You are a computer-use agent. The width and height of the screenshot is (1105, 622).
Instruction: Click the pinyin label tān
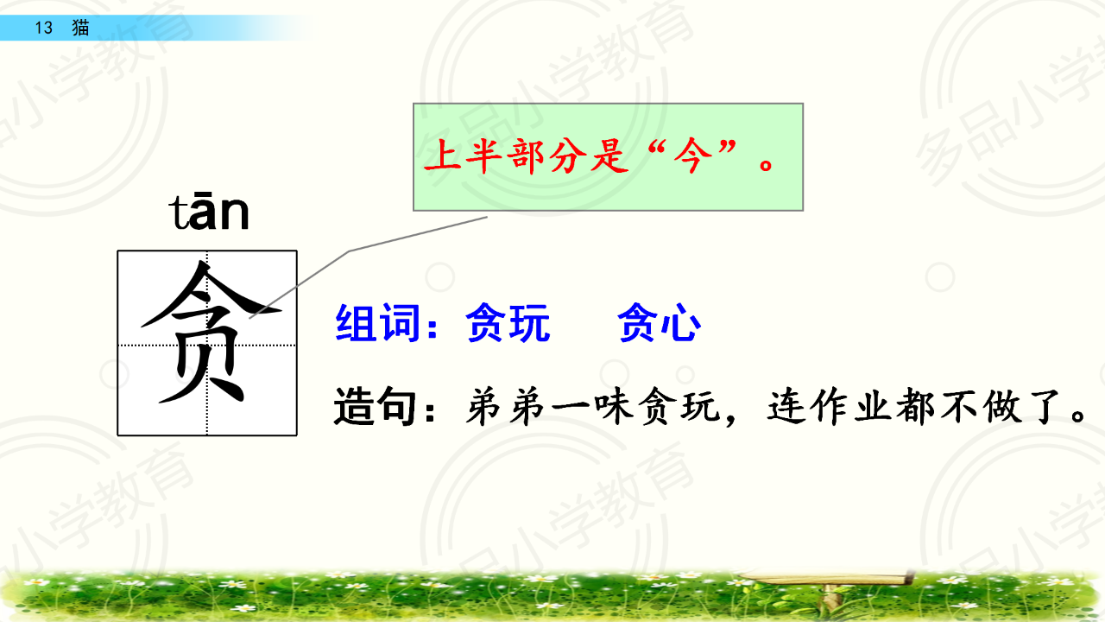coord(209,212)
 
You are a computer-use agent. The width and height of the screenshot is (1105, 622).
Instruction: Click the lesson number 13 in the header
coord(44,28)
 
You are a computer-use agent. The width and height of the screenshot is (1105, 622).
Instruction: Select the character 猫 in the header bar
coord(80,28)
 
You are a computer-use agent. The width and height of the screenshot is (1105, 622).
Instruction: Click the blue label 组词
coord(378,323)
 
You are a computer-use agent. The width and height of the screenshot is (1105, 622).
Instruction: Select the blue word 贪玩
coord(508,323)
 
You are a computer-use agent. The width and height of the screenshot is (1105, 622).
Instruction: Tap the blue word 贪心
coord(660,323)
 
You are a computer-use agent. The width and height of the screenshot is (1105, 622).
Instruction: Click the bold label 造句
coord(375,407)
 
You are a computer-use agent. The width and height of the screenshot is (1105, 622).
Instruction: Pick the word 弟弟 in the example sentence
coord(506,407)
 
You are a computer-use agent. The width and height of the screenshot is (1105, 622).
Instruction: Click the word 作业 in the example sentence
coord(834,407)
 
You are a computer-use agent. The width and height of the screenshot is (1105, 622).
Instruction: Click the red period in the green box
coord(766,164)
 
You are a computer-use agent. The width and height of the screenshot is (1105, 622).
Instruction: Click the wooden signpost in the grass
coord(829,587)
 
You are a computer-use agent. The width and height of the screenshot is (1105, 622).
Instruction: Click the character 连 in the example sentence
coord(787,407)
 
